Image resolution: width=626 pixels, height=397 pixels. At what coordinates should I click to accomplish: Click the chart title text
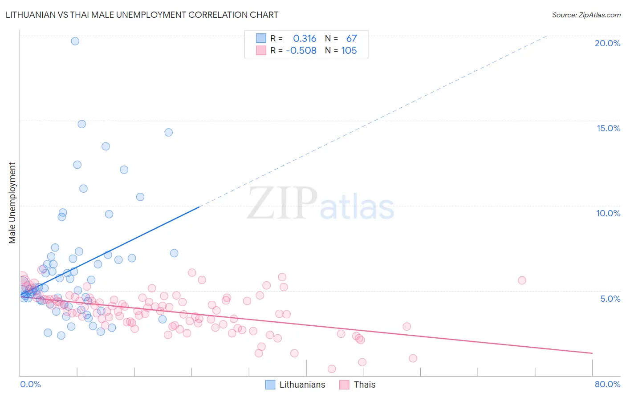pos(142,15)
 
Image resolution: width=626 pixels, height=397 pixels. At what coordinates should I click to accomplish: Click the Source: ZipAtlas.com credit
pos(586,15)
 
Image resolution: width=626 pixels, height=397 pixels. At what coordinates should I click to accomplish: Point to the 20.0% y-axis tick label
pos(607,43)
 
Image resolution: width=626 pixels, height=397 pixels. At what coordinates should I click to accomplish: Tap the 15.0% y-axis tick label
pos(608,128)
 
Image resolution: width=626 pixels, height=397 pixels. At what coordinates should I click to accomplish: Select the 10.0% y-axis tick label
pos(608,213)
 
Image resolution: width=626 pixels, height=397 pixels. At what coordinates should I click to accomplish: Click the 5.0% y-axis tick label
pos(610,299)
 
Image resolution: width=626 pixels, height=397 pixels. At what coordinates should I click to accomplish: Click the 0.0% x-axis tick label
pos(30,384)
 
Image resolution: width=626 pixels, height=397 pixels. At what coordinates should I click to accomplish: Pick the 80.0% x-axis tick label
pos(607,384)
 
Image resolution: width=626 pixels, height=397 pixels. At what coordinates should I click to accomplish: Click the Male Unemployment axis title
pos(12,203)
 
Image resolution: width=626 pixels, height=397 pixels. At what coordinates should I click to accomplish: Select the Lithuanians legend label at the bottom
pos(302,385)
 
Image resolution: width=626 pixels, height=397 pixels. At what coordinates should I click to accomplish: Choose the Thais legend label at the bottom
pos(364,385)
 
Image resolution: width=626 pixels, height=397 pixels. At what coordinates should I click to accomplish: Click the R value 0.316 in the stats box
pos(305,39)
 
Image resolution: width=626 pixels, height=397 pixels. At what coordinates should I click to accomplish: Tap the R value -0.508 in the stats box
pos(301,51)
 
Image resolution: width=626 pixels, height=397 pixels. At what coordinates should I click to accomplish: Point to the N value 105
pos(349,51)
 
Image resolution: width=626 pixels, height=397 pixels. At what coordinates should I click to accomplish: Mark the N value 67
pos(351,39)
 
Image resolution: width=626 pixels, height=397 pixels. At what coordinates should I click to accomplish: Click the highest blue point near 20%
pos(75,41)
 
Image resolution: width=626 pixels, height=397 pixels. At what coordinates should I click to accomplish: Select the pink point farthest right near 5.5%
pos(522,280)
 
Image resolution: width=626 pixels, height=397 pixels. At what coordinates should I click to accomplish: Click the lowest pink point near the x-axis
pos(332,369)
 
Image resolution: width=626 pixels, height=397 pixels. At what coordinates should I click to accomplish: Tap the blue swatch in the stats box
pos(261,38)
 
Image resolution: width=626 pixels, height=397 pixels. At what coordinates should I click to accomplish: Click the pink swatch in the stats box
pos(261,50)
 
